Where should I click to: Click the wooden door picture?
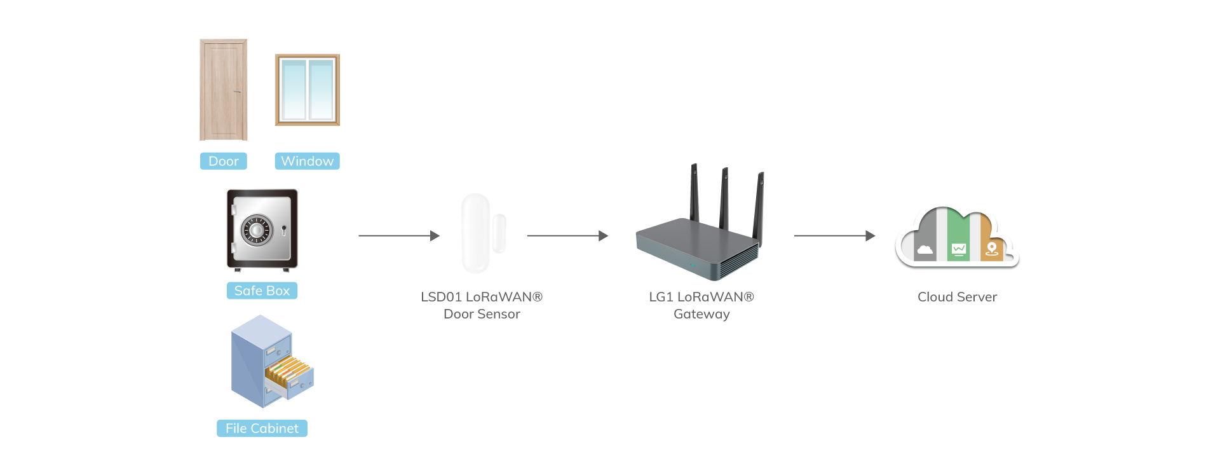[x=224, y=90]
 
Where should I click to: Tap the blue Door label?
[x=224, y=162]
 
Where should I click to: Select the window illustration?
[x=307, y=90]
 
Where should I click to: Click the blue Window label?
[x=307, y=162]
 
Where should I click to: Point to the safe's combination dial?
[x=257, y=230]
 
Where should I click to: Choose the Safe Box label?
[x=262, y=291]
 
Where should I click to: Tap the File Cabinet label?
[x=262, y=429]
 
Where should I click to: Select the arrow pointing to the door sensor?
[x=399, y=236]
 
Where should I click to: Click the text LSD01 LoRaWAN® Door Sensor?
[x=482, y=305]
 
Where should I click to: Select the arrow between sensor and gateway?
[x=567, y=236]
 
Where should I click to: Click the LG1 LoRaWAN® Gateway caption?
[x=701, y=305]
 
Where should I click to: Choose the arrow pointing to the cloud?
[x=834, y=236]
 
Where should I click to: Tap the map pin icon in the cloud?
[x=991, y=249]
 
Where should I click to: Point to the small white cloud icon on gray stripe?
[x=925, y=249]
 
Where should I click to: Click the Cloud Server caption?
[x=957, y=297]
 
